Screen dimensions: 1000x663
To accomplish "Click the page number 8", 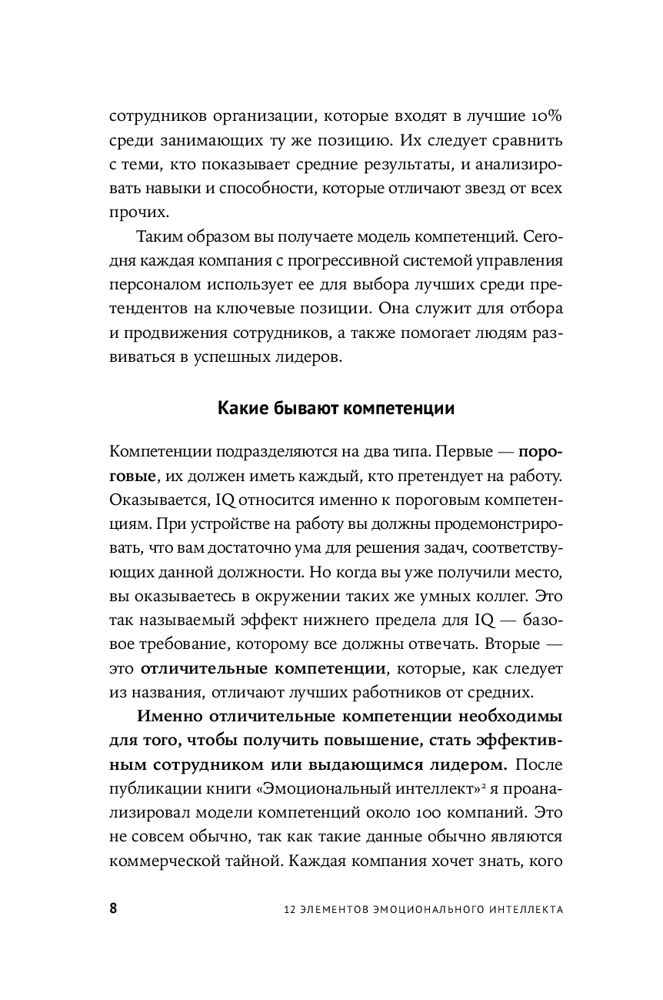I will coord(114,908).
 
